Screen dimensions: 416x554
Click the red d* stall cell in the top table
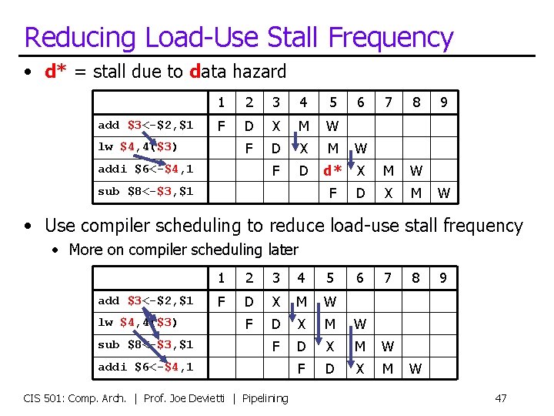[x=332, y=169]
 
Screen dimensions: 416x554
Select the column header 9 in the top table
[x=443, y=102]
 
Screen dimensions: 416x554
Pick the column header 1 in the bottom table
[x=222, y=277]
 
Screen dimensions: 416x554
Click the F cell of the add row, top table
[x=222, y=126]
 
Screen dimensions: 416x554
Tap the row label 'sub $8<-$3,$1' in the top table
[x=145, y=191]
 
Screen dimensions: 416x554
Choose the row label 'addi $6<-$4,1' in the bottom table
[x=145, y=367]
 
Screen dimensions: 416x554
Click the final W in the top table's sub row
[x=443, y=192]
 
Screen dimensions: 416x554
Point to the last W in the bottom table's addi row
[x=415, y=368]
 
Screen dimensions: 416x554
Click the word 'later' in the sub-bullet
[x=282, y=250]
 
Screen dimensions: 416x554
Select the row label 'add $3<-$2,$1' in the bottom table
[x=145, y=300]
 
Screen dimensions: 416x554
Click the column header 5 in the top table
[x=332, y=102]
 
